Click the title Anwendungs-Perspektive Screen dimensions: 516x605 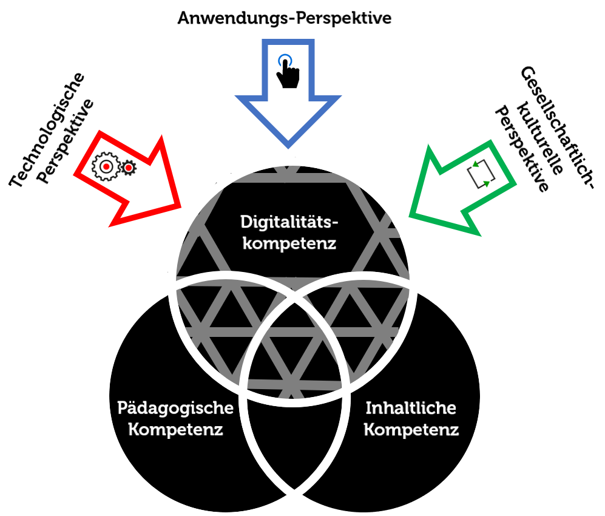(x=284, y=18)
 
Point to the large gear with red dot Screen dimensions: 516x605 (x=106, y=166)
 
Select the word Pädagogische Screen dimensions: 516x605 (x=175, y=407)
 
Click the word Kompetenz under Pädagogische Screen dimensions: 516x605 (x=169, y=430)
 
